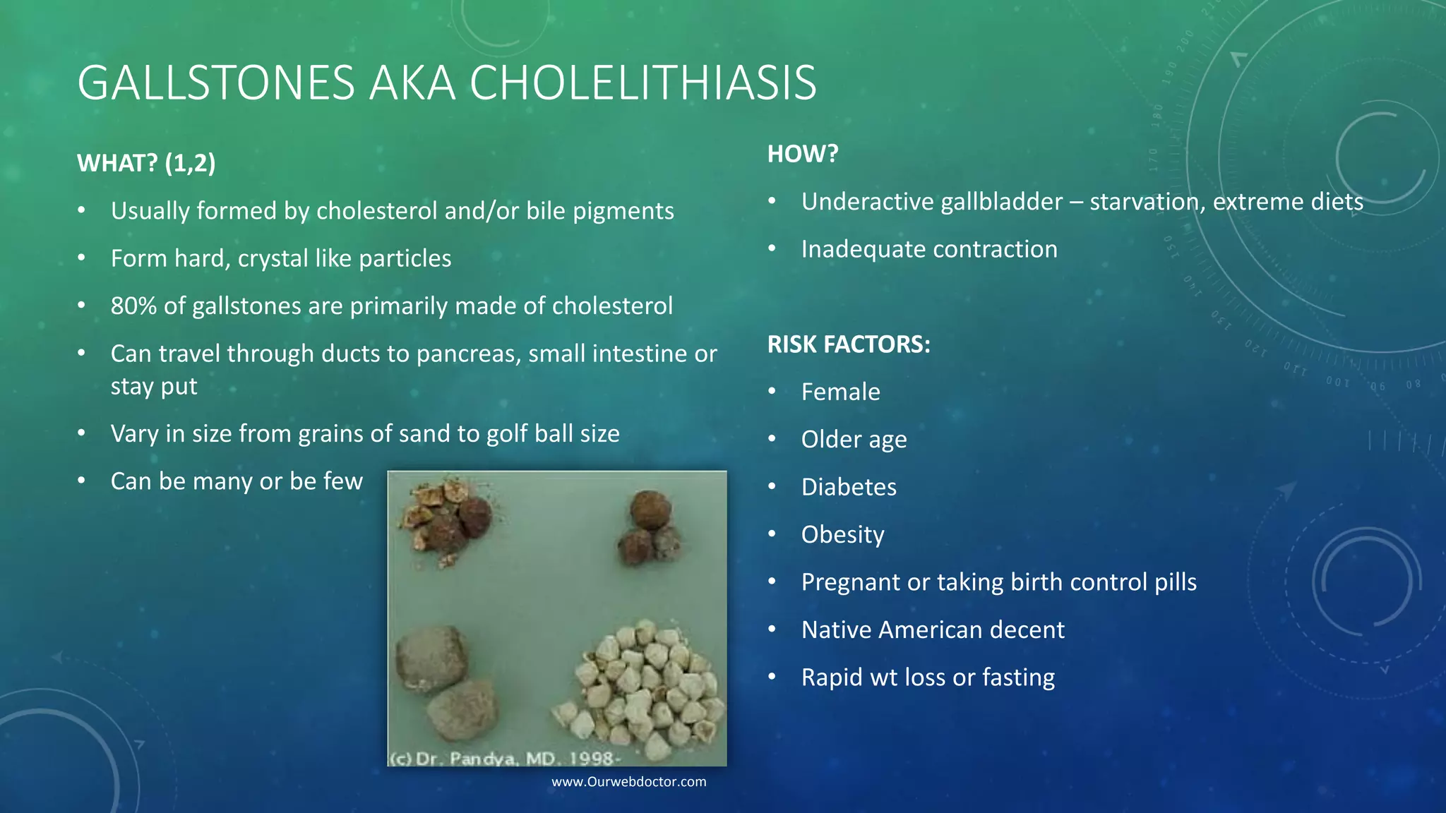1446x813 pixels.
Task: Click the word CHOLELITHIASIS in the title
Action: tap(643, 83)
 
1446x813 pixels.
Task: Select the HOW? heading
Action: tap(802, 154)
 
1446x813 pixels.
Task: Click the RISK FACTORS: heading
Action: tap(849, 344)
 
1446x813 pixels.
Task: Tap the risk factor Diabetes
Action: tap(849, 487)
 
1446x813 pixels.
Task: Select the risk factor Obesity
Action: tap(842, 535)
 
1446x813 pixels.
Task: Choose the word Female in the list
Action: tap(840, 392)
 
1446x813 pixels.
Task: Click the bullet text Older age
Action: tap(854, 440)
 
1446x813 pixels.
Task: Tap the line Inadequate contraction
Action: tap(929, 250)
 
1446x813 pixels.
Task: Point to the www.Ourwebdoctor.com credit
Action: tap(628, 782)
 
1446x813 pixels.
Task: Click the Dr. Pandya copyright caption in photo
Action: tap(505, 759)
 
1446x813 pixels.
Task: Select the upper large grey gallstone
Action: tap(431, 656)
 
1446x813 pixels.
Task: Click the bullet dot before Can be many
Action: tap(82, 481)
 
